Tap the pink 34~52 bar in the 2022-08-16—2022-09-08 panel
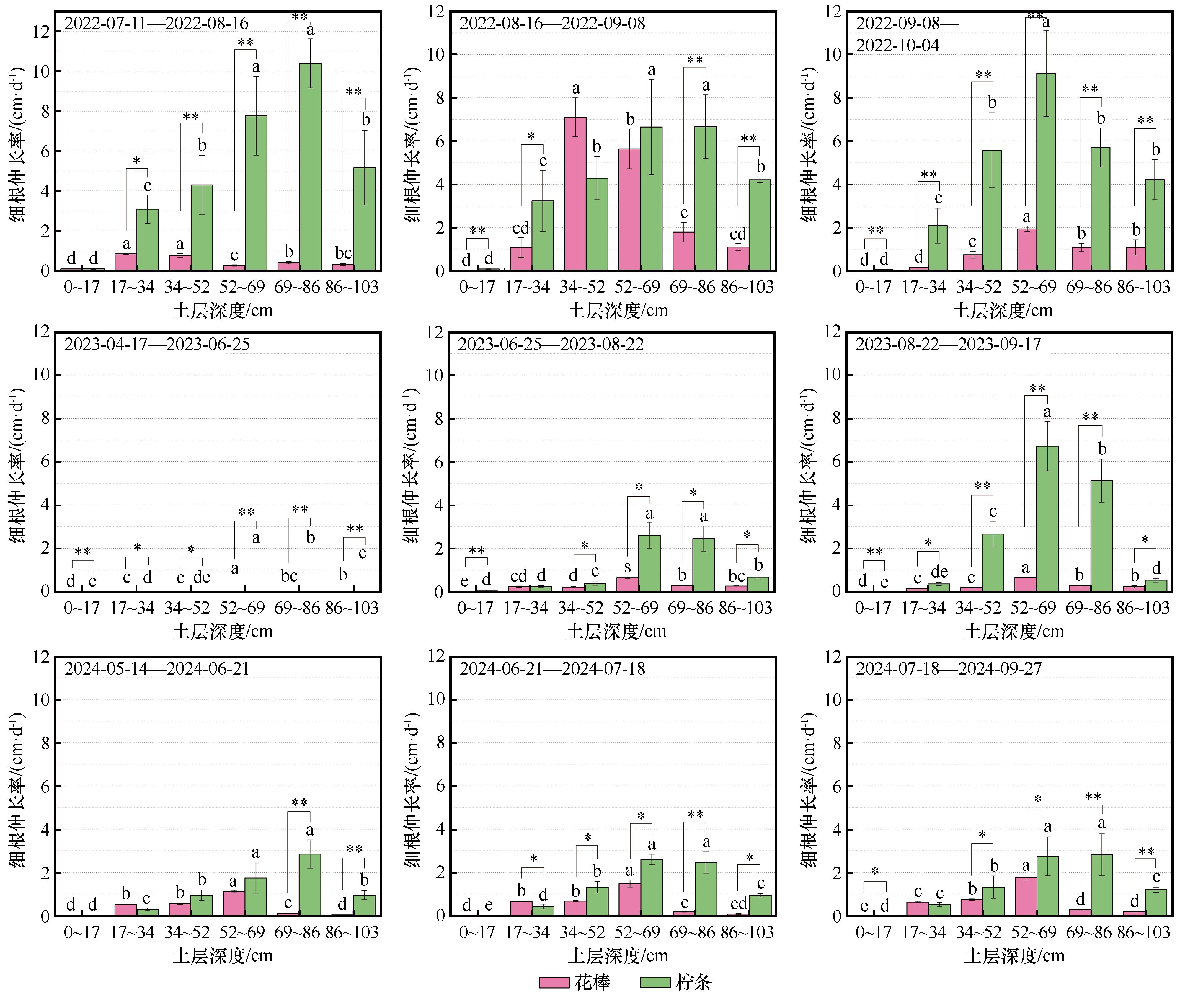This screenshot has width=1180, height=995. point(575,194)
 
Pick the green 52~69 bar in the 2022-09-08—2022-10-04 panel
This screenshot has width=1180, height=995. point(1046,172)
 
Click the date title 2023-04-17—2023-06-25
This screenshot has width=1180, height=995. point(157,344)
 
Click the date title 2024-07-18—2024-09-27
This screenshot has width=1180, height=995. point(949,669)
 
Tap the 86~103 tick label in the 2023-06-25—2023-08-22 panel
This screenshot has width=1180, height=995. point(745,608)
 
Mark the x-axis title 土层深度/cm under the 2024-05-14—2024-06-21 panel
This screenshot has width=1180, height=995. point(223,955)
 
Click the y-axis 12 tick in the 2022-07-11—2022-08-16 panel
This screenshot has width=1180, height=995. point(41,32)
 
